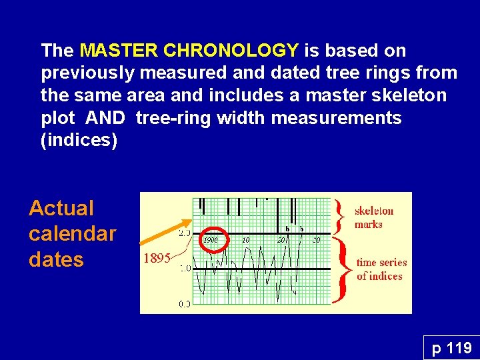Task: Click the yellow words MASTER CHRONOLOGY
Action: (189, 51)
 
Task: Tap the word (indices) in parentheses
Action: (79, 141)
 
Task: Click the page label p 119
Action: (451, 347)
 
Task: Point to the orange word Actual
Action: (61, 209)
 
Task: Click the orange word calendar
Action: (72, 234)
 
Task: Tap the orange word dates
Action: (56, 259)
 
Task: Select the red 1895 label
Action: (157, 259)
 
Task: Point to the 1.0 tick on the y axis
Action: (183, 268)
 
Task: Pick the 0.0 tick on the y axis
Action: (183, 304)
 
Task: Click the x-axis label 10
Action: (246, 239)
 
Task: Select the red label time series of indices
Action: (381, 269)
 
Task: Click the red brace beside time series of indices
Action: (344, 270)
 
